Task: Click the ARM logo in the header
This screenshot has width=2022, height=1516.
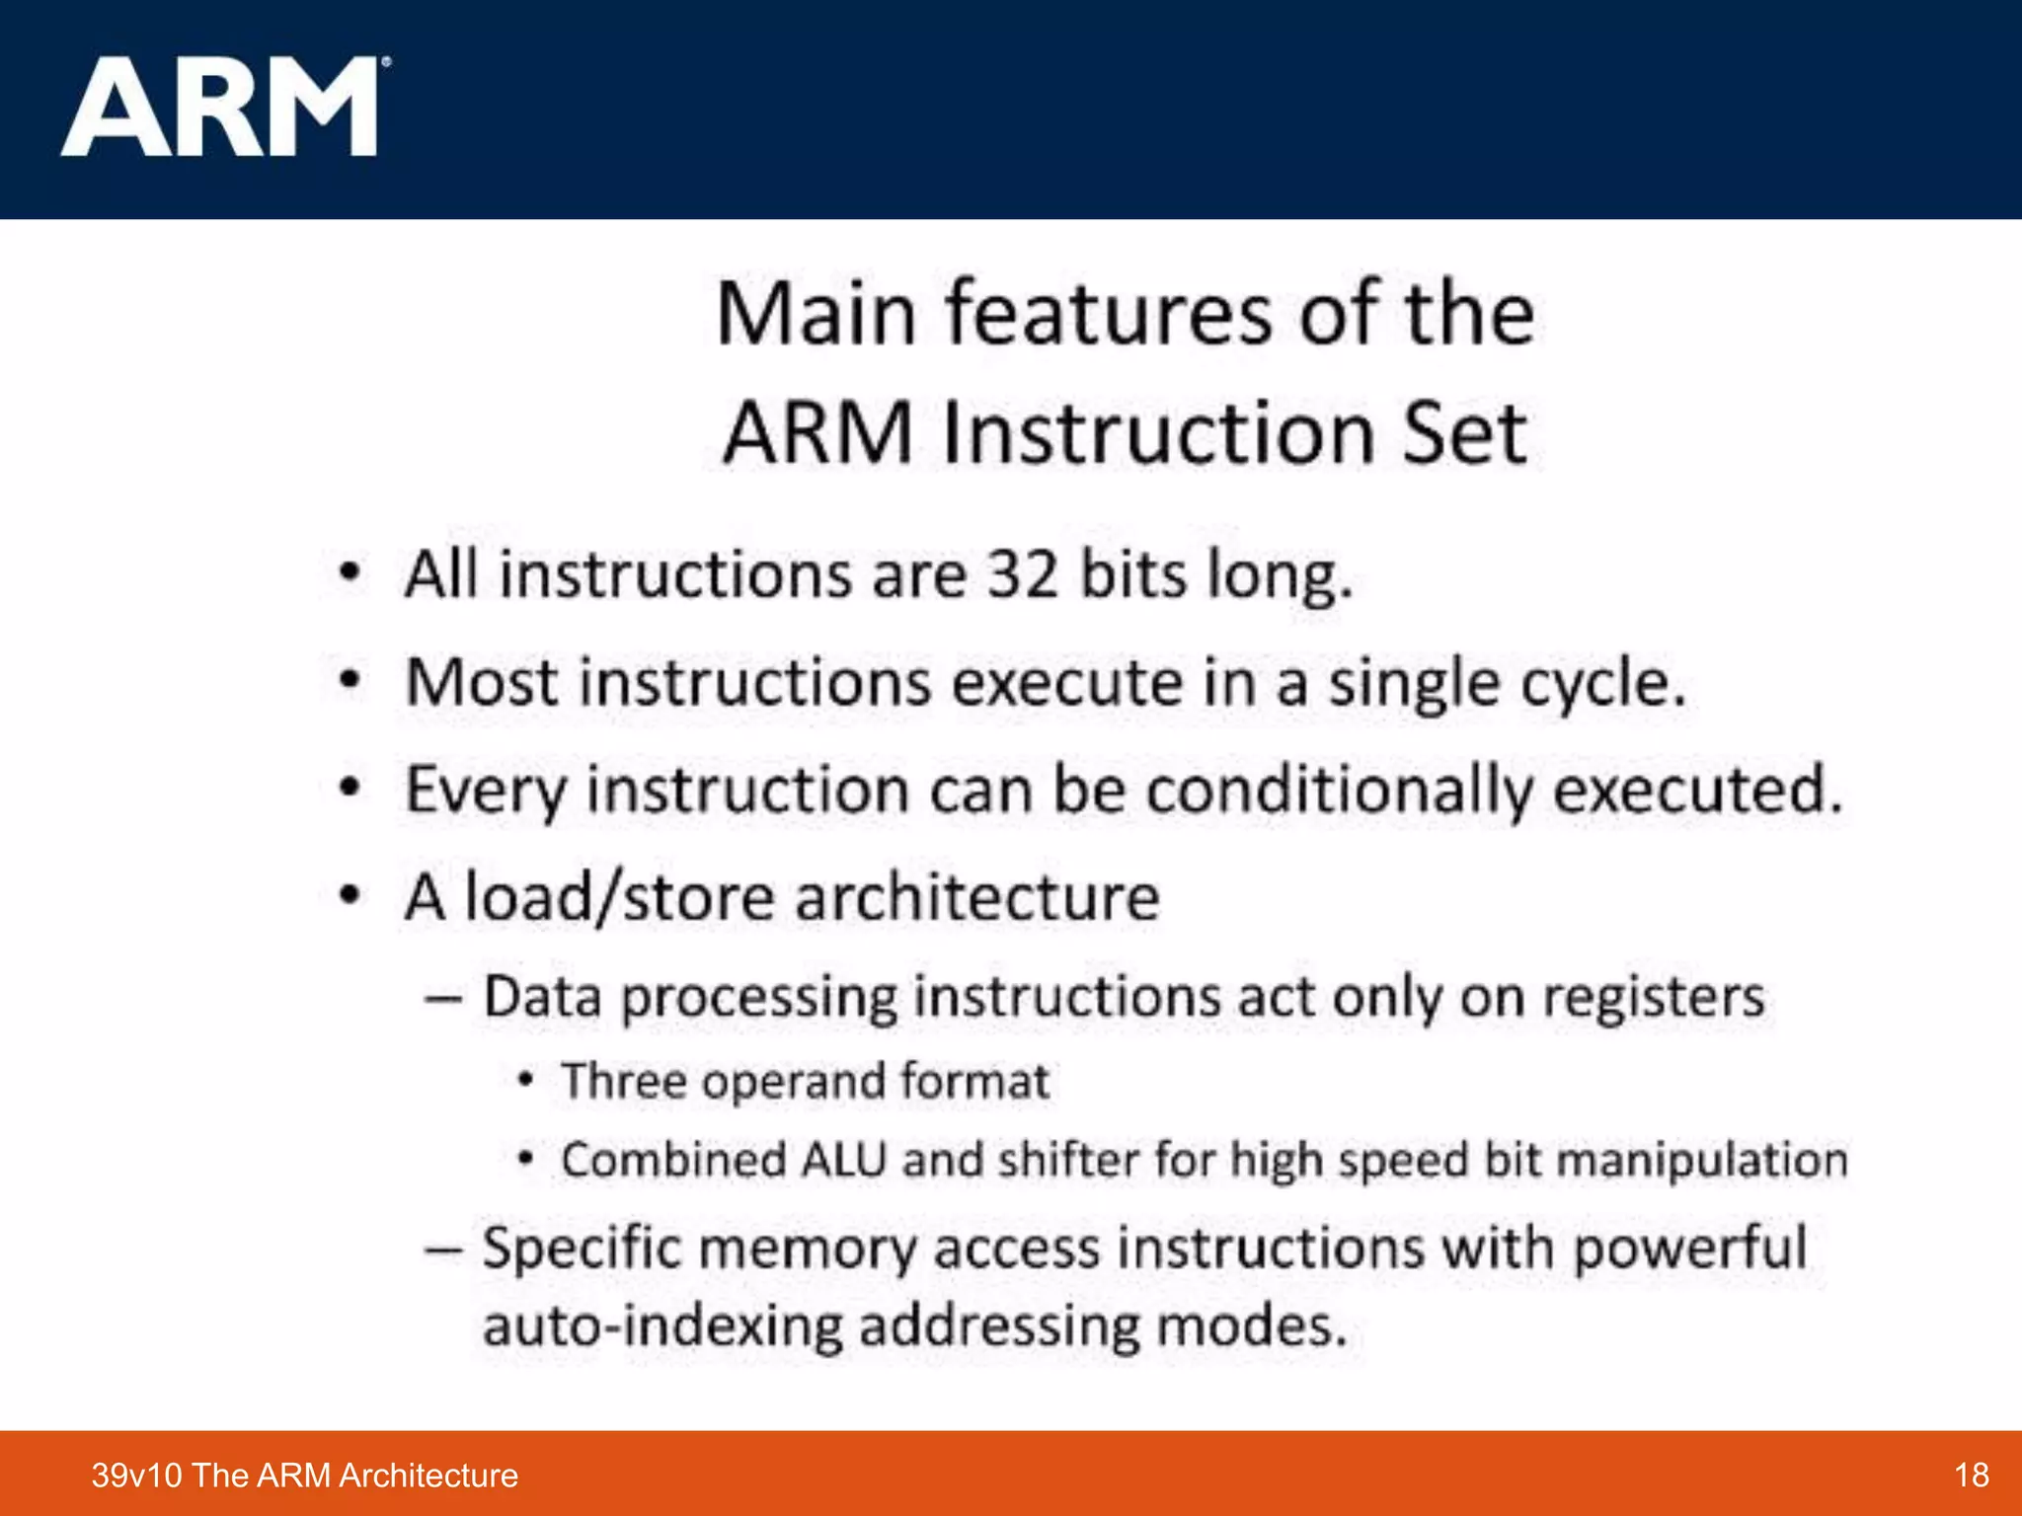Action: click(x=221, y=107)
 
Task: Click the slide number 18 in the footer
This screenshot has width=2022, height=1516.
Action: click(x=1971, y=1476)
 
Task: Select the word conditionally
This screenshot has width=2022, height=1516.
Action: click(x=1339, y=791)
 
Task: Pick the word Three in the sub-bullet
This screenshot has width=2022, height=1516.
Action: click(x=623, y=1081)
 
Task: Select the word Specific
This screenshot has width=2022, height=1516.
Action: click(x=582, y=1249)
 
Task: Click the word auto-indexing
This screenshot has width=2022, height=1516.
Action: click(x=662, y=1326)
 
